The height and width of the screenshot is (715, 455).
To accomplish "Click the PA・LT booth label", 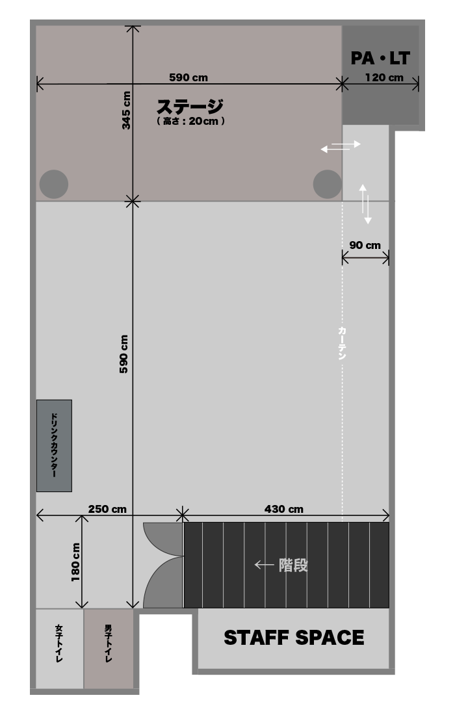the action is click(x=380, y=58).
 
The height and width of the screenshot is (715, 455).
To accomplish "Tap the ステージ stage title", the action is click(x=190, y=107).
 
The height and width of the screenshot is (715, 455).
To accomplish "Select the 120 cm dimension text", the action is click(x=384, y=77).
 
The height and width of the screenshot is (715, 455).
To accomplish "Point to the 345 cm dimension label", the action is click(x=126, y=110).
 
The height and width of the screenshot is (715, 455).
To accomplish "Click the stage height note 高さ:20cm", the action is click(x=190, y=122).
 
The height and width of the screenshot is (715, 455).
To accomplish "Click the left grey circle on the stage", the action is click(x=54, y=184).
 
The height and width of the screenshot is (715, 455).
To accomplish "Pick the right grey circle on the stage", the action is click(x=328, y=184).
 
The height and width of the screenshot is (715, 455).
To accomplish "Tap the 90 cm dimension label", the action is click(x=365, y=245).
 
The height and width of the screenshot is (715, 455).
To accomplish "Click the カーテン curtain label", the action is click(x=342, y=343).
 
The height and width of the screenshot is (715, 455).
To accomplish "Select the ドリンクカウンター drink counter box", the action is click(x=54, y=445).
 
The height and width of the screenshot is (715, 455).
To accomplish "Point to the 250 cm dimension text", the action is click(x=108, y=509).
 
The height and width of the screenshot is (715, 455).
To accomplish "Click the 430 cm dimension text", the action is click(x=283, y=509).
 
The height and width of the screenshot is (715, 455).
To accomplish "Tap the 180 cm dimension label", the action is click(x=75, y=562).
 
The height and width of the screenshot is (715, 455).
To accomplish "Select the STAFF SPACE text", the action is click(x=294, y=638).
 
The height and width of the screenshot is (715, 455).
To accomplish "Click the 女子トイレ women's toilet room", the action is click(x=59, y=649).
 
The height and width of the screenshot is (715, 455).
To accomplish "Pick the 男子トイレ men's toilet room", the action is click(x=109, y=649).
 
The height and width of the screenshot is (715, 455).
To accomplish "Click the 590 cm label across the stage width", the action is click(x=188, y=77).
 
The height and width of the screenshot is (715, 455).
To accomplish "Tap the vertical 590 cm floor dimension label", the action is click(x=123, y=354).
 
